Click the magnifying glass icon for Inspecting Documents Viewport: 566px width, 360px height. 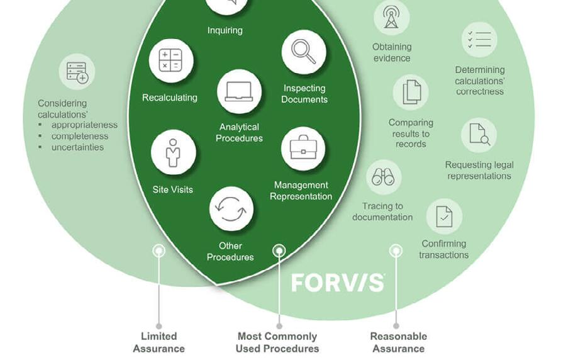[x=304, y=52]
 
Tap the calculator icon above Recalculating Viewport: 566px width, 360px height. [x=170, y=61]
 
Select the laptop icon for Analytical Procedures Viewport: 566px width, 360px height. [x=239, y=92]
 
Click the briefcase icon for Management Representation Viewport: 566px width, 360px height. [x=303, y=149]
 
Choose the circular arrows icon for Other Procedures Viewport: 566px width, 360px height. [x=231, y=209]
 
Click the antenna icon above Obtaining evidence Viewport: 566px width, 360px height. [x=391, y=17]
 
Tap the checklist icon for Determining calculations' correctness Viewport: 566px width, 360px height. [x=479, y=40]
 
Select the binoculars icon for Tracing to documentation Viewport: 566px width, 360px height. [x=383, y=177]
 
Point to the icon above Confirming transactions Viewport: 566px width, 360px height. [x=444, y=217]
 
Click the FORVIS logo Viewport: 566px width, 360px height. [x=338, y=283]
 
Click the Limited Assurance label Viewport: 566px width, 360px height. [x=158, y=342]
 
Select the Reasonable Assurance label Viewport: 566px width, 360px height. [x=398, y=342]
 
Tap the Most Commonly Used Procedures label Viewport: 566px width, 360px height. [x=277, y=342]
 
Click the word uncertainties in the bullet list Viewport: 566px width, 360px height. [x=77, y=147]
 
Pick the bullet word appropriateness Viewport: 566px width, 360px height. [x=84, y=125]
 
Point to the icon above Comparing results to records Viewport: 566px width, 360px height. [x=411, y=92]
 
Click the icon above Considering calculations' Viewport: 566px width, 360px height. [x=77, y=72]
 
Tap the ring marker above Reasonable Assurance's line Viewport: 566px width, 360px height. [x=396, y=251]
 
